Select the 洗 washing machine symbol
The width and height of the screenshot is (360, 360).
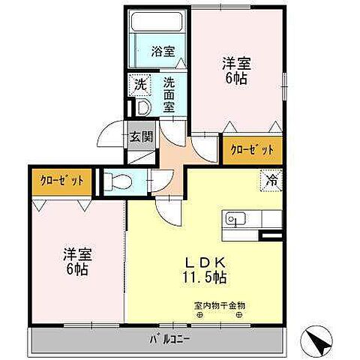(140, 85)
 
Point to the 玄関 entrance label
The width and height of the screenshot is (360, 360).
(139, 137)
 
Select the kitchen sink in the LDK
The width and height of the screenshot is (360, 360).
(234, 220)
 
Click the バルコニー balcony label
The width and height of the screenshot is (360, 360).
(163, 338)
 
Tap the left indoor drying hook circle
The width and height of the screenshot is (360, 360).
(199, 316)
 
